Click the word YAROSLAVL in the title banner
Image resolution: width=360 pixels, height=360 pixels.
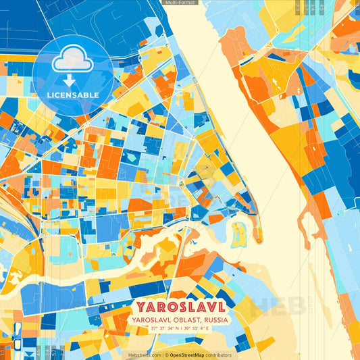coord(180,305)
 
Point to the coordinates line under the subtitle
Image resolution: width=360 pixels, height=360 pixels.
coord(180,328)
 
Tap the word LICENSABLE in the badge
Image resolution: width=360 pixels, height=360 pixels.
coord(72,95)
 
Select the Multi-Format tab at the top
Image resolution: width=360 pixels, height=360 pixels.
coord(180,3)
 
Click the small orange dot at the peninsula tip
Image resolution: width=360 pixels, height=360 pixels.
coord(257,238)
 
